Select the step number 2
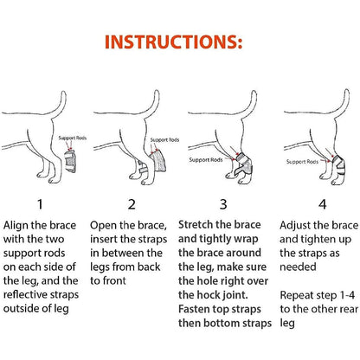(x=132, y=205)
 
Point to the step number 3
(x=222, y=205)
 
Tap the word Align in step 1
(x=21, y=224)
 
